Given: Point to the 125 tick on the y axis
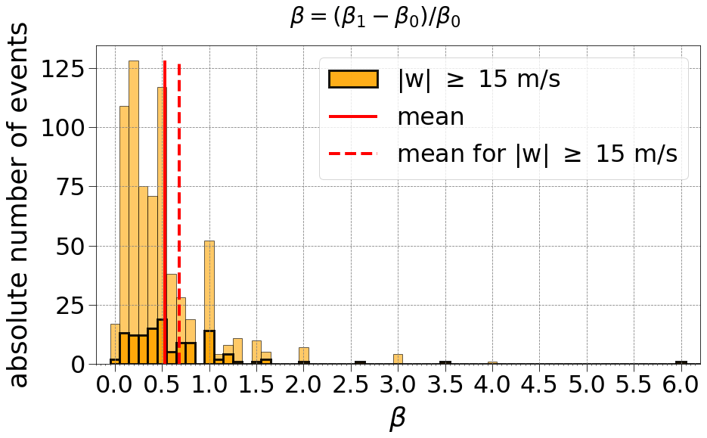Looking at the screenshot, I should click(67, 68).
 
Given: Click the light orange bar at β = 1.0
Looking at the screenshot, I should click(209, 287).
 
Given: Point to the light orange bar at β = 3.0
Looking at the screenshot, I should click(398, 359).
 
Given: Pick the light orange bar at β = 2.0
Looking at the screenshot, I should click(304, 356).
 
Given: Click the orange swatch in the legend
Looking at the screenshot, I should click(353, 79).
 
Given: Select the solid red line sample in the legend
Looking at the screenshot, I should click(353, 116).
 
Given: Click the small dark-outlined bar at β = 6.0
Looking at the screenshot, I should click(681, 363).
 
